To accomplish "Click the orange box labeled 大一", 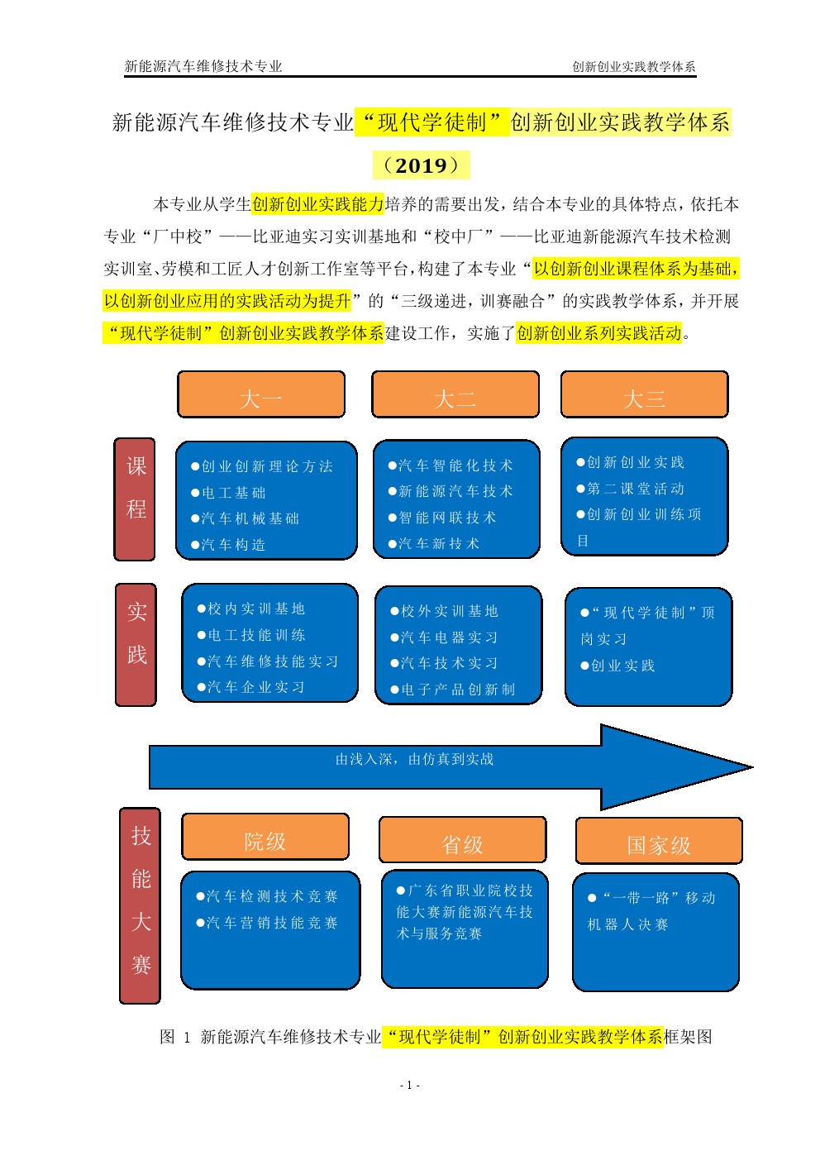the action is tap(261, 394).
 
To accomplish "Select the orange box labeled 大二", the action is tap(455, 394).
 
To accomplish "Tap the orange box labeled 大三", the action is tap(645, 394).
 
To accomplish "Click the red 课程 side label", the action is tap(135, 499).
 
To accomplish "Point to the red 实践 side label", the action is tap(136, 645).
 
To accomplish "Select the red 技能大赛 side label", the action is tap(140, 905).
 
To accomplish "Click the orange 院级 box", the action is tap(265, 837).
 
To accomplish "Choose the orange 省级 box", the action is tap(462, 839).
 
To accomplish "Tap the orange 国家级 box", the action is tap(659, 841).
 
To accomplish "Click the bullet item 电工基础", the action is tap(228, 493).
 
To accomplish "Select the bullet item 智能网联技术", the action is tap(442, 518).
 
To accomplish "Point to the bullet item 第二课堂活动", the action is tap(631, 489).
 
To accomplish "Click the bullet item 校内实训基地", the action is tap(251, 609).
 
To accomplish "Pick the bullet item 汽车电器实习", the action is tap(444, 637).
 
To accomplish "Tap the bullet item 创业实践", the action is tap(617, 666).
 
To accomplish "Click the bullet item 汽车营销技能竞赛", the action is tap(267, 923).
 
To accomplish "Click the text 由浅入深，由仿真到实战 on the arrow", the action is tap(415, 759).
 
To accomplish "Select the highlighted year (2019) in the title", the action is tap(422, 165).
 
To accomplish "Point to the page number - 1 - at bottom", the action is tap(410, 1085).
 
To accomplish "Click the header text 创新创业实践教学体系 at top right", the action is tap(634, 66).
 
